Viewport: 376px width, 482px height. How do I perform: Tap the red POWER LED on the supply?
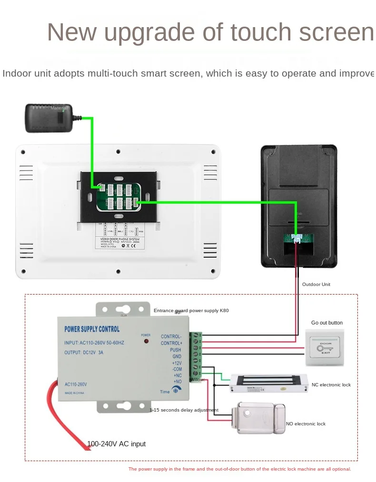coord(146,341)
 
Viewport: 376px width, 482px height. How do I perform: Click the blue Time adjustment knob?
coord(176,390)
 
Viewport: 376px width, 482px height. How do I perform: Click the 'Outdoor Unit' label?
coord(316,285)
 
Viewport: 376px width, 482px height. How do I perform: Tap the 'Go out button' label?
coord(327,323)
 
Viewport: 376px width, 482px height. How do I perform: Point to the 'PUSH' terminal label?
coord(175,350)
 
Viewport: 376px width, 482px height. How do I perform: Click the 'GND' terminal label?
coord(177,356)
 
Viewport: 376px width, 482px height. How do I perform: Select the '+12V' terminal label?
coord(177,363)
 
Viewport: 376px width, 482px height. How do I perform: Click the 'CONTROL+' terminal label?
coord(171,343)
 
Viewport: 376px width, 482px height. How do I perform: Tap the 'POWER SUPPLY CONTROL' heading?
coord(92,329)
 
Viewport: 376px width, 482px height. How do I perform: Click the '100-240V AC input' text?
coord(116,444)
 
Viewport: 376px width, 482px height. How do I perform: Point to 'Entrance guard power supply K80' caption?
coord(191,311)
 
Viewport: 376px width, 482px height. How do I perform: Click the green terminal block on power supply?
coord(195,356)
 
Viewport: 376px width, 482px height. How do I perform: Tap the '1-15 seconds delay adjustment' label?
coord(184,410)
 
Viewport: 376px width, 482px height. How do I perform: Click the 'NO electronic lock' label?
coord(306,423)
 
